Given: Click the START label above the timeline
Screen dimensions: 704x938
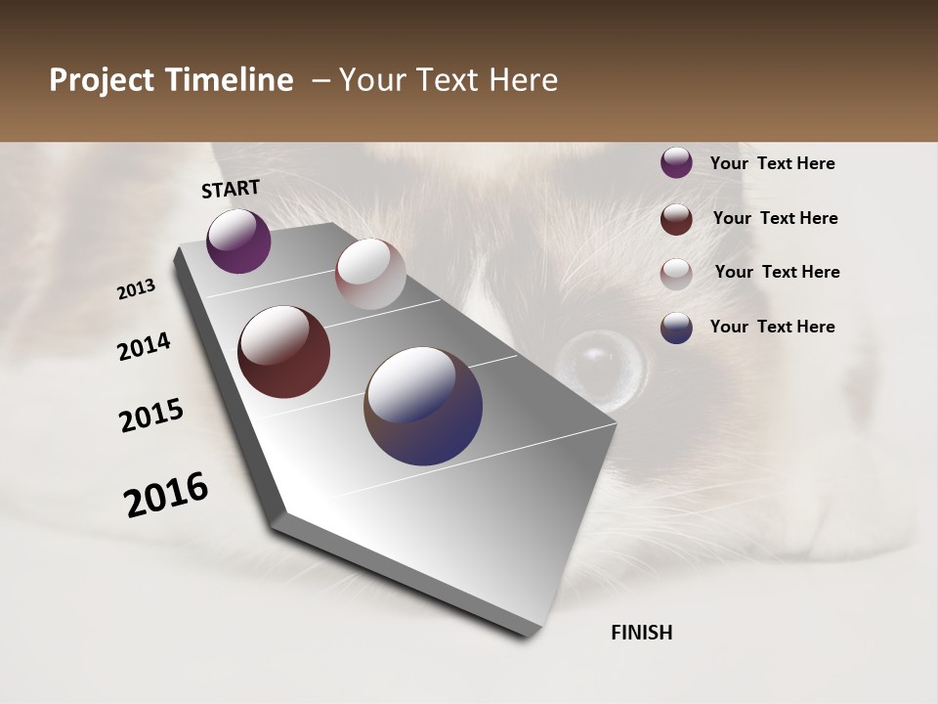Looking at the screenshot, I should (231, 188).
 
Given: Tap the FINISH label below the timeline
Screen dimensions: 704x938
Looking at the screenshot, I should (641, 633).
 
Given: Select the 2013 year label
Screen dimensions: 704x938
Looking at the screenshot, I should (137, 289).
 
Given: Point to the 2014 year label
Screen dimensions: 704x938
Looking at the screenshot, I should (144, 346).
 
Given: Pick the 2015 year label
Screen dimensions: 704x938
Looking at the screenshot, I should (151, 416).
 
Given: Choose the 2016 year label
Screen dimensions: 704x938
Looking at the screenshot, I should (166, 495).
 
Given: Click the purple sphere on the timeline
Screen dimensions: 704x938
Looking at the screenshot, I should (238, 241).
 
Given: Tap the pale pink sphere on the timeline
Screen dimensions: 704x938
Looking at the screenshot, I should (370, 274).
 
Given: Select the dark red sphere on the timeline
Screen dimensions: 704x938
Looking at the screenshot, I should (283, 352).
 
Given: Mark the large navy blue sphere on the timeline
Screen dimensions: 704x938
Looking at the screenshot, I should (423, 406).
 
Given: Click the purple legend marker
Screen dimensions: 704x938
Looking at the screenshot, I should (676, 163).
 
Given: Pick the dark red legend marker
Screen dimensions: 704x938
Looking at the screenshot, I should (676, 219).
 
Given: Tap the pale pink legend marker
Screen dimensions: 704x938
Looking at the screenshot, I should (676, 273).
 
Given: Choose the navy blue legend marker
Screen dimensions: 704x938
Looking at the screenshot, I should (676, 328).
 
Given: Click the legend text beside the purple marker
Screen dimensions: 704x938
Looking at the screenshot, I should (772, 163).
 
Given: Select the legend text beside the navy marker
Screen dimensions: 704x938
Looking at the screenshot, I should (772, 327).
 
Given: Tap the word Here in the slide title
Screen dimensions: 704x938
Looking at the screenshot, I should (523, 80).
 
